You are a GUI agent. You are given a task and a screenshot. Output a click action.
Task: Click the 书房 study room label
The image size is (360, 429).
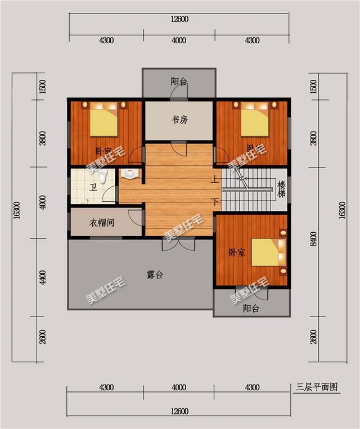[179, 120]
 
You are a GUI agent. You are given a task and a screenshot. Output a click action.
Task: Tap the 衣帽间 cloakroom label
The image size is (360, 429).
[102, 223]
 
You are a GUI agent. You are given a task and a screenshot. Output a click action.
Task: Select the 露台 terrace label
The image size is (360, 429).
[155, 275]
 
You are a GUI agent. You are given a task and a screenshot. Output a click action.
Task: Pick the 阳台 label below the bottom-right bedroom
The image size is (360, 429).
[251, 309]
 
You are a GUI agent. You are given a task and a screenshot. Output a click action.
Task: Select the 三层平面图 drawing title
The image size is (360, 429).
[318, 387]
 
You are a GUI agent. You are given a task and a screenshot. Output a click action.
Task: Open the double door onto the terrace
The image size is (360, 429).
[179, 243]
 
